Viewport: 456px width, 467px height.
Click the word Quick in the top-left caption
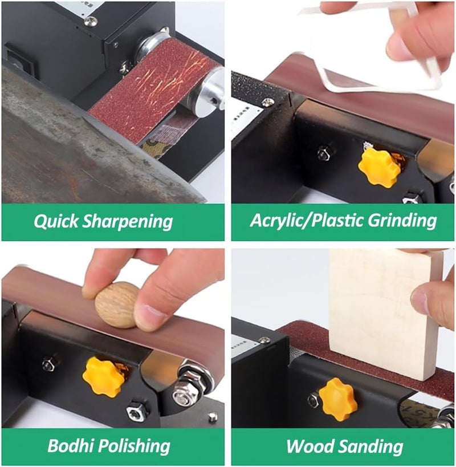[54, 221]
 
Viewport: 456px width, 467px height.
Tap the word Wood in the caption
[311, 445]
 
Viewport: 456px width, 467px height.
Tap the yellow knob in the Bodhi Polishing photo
[103, 376]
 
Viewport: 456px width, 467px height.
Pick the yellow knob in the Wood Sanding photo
[337, 399]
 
